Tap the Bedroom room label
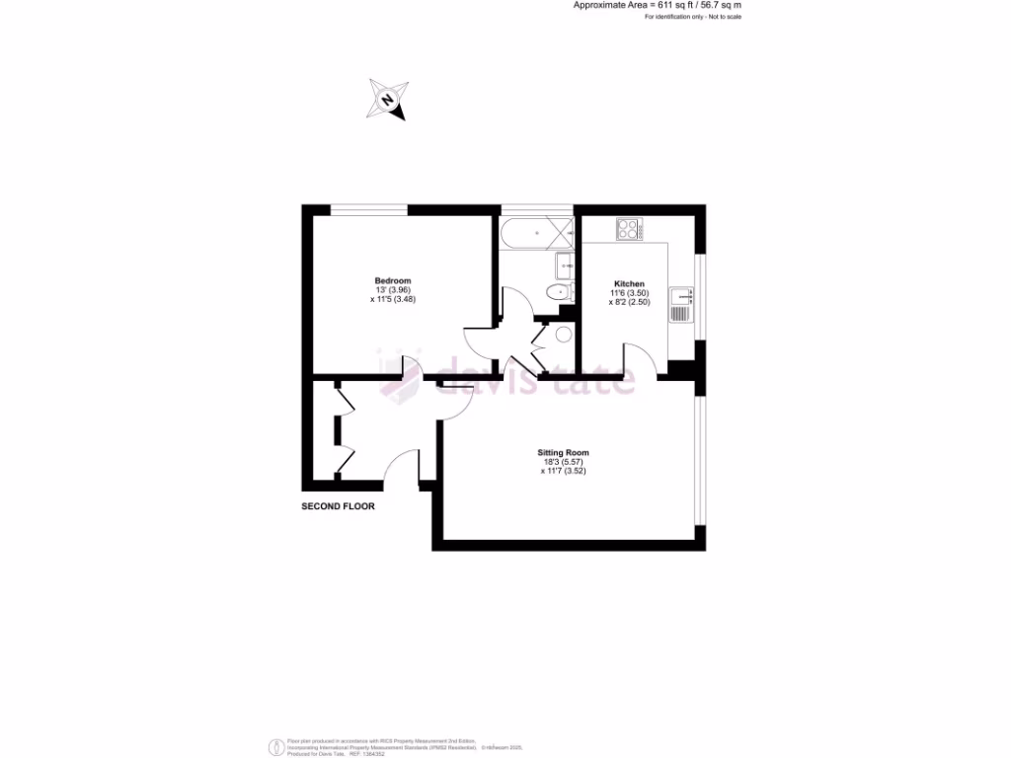(392, 280)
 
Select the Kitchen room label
(629, 284)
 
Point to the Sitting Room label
(564, 453)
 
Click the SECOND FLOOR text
(338, 506)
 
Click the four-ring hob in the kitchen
(628, 229)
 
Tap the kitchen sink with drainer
(681, 305)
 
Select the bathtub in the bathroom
(537, 234)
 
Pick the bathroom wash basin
(566, 264)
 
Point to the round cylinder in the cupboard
(564, 335)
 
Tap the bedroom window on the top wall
(368, 209)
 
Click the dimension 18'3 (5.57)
(564, 462)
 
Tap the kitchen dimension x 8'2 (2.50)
(629, 302)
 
